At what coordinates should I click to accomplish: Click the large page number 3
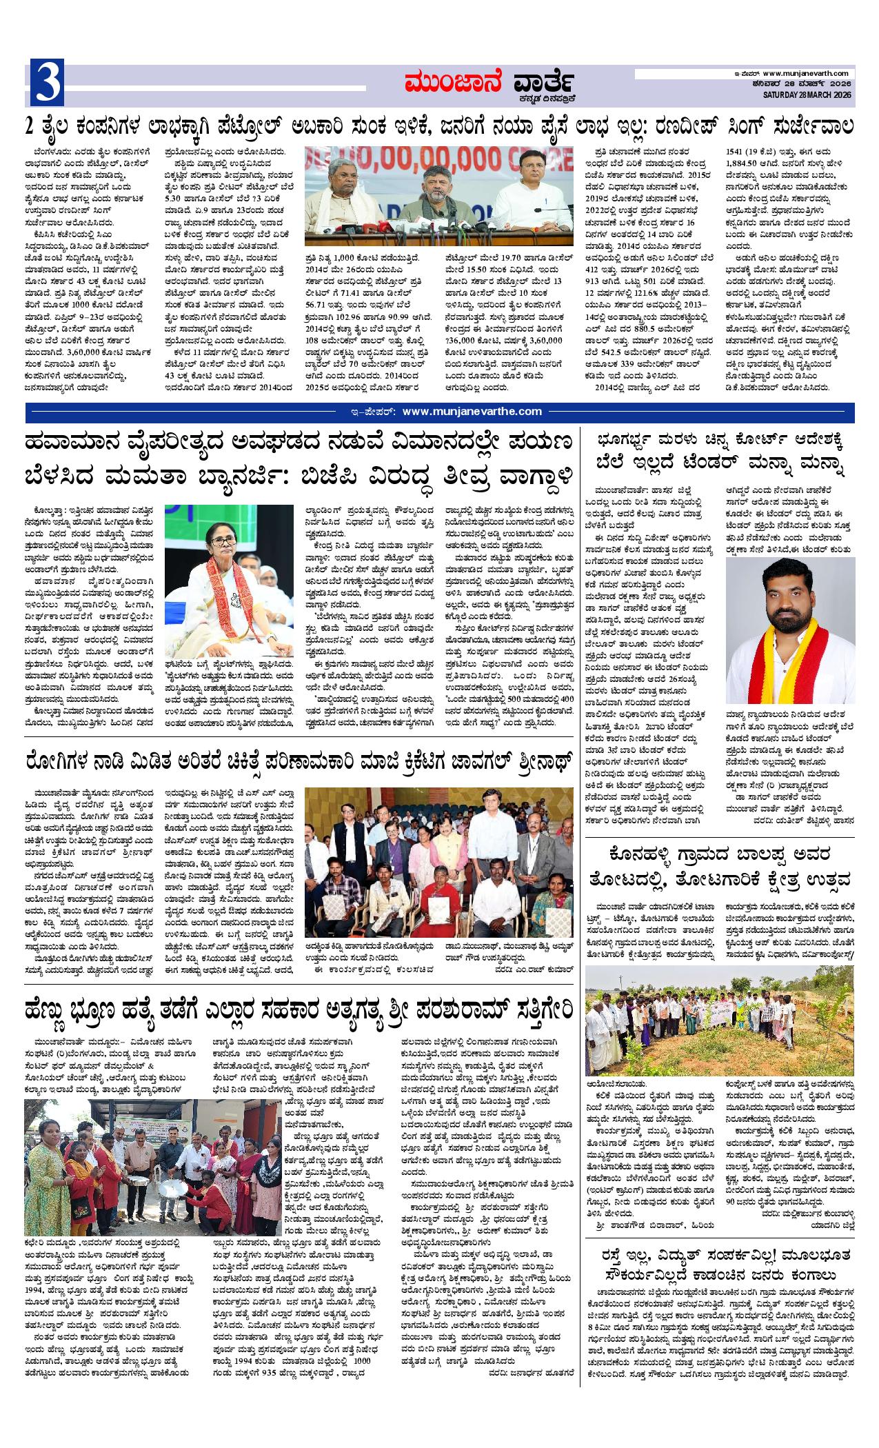[x=47, y=84]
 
